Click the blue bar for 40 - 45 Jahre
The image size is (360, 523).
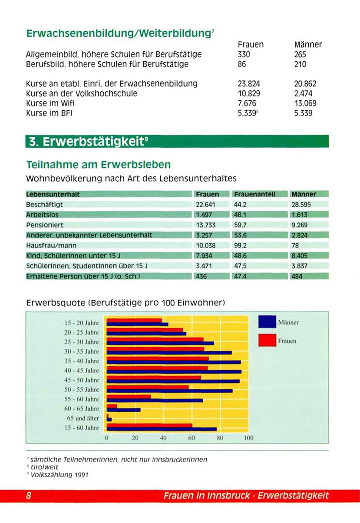(174, 372)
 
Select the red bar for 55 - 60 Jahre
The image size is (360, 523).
(129, 397)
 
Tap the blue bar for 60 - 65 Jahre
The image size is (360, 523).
(123, 410)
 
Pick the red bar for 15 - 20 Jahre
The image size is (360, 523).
(134, 321)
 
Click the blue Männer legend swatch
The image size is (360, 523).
(267, 322)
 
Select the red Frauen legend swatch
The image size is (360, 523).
(267, 340)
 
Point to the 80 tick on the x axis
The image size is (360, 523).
(220, 438)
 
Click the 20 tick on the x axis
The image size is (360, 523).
(135, 438)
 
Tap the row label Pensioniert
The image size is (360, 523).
(45, 225)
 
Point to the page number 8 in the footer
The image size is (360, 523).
(29, 496)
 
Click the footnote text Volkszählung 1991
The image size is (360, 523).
(59, 475)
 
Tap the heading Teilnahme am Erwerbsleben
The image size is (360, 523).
(99, 165)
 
